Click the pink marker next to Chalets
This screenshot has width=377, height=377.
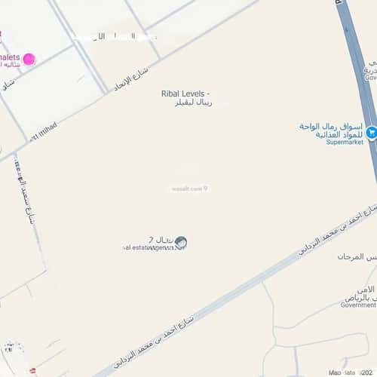[29, 59]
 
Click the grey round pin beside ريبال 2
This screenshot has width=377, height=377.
[180, 243]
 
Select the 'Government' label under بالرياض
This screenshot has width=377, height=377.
[357, 305]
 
